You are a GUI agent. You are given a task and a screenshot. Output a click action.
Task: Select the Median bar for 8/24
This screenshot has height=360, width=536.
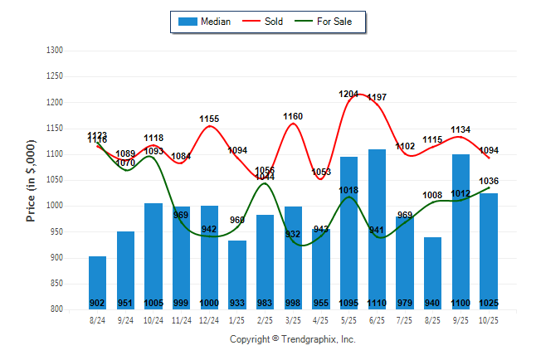tap(98, 282)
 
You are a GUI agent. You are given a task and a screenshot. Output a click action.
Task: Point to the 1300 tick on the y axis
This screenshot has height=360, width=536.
tap(56, 51)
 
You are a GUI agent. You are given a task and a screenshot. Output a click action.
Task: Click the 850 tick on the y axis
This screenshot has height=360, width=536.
tap(56, 284)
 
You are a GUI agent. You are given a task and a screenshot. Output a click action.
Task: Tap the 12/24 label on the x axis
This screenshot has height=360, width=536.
tap(209, 319)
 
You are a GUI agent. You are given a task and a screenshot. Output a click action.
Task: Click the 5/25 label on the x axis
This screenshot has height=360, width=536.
tap(349, 319)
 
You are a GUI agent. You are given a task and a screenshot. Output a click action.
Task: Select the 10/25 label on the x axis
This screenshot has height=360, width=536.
tap(489, 319)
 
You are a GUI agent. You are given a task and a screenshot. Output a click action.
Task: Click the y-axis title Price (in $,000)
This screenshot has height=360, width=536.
tap(31, 180)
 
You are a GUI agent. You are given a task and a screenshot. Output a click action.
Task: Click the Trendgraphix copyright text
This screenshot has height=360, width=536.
tap(292, 339)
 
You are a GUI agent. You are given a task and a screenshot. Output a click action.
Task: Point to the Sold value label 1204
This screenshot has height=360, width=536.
tap(349, 95)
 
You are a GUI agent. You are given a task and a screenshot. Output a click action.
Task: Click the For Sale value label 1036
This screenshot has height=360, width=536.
tap(489, 181)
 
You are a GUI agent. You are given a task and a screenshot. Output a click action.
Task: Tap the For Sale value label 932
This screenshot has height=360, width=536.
tap(293, 235)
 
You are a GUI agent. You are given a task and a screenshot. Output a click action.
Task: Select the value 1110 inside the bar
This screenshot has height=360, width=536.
tap(377, 303)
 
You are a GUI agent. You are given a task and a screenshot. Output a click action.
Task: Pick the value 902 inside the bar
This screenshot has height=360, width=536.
tap(98, 303)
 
